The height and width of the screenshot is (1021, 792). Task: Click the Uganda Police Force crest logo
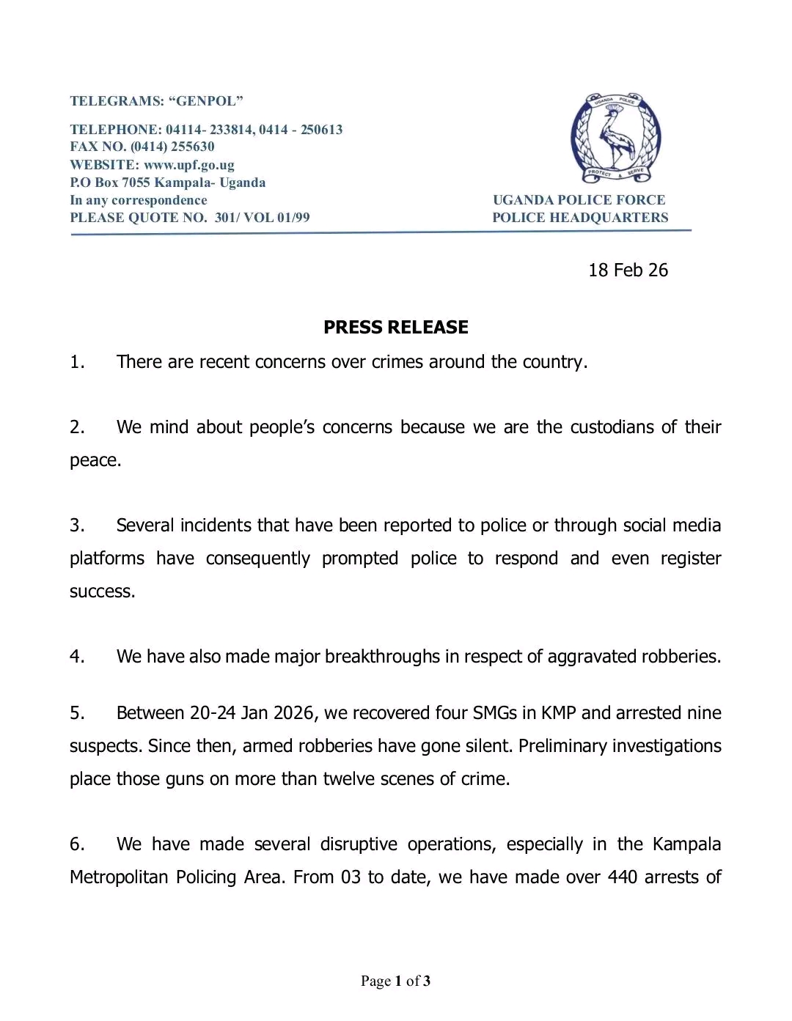pos(615,138)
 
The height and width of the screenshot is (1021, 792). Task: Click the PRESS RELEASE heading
pos(395,327)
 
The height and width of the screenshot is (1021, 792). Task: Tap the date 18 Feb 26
pos(628,270)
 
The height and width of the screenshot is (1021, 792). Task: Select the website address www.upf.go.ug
pos(188,165)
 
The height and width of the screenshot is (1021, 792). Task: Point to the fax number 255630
pos(192,147)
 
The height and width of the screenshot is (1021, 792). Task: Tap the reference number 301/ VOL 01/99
pos(262,218)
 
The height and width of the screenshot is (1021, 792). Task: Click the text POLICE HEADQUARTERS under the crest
pos(580,218)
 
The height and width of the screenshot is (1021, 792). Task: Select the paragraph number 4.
pos(77,656)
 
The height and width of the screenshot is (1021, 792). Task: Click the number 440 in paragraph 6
pos(622,877)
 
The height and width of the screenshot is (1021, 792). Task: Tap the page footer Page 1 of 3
pos(395,981)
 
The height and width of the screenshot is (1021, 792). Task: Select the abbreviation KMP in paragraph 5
pos(559,713)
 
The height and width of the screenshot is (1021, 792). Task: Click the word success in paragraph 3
pos(102,591)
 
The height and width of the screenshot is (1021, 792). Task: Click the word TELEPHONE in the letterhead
pos(114,130)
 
